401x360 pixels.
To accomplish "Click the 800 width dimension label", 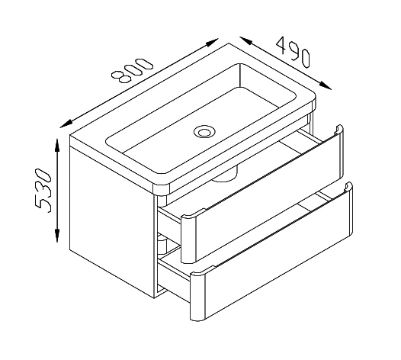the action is pos(132,70).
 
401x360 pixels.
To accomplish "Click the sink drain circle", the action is pos(204,131).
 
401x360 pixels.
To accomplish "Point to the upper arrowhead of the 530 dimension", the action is pos(58,146).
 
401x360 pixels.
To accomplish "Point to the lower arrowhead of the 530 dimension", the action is pos(57,236).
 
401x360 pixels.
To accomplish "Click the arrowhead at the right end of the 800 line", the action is pos(212,42).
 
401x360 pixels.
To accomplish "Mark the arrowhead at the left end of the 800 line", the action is pos(67,124).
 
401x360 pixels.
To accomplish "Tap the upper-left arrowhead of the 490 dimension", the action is pos(246,41).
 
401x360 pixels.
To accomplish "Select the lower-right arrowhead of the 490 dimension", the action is pos(325,85).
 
